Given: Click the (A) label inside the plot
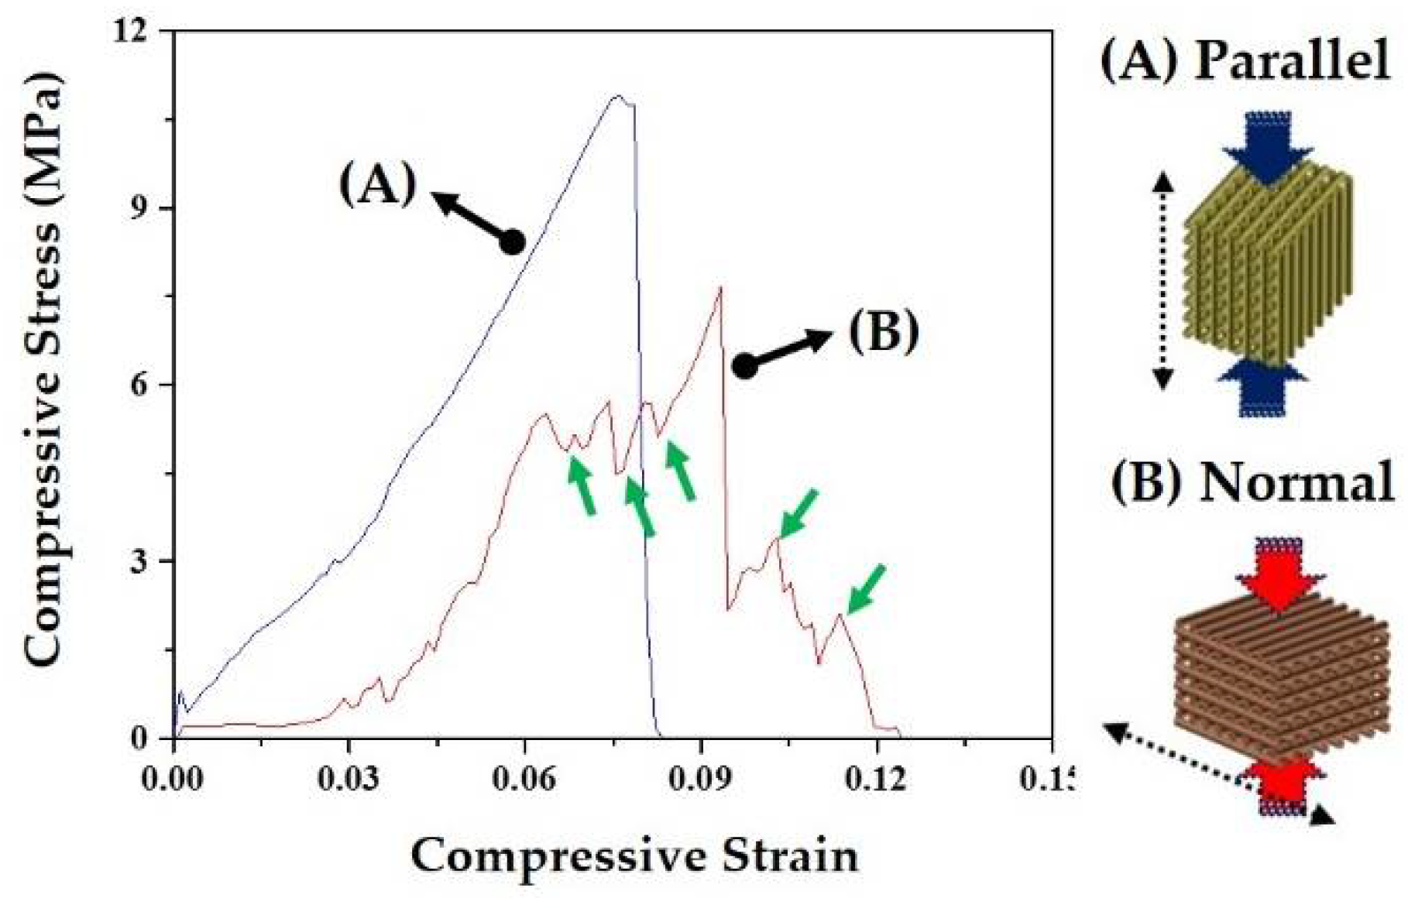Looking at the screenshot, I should (378, 186).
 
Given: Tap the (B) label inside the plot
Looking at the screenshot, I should (884, 332).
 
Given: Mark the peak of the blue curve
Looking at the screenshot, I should (617, 97).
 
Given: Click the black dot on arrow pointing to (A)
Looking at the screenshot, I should (512, 242).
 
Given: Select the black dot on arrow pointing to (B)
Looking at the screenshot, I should (744, 366).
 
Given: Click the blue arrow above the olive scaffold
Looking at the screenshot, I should (1267, 147).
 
